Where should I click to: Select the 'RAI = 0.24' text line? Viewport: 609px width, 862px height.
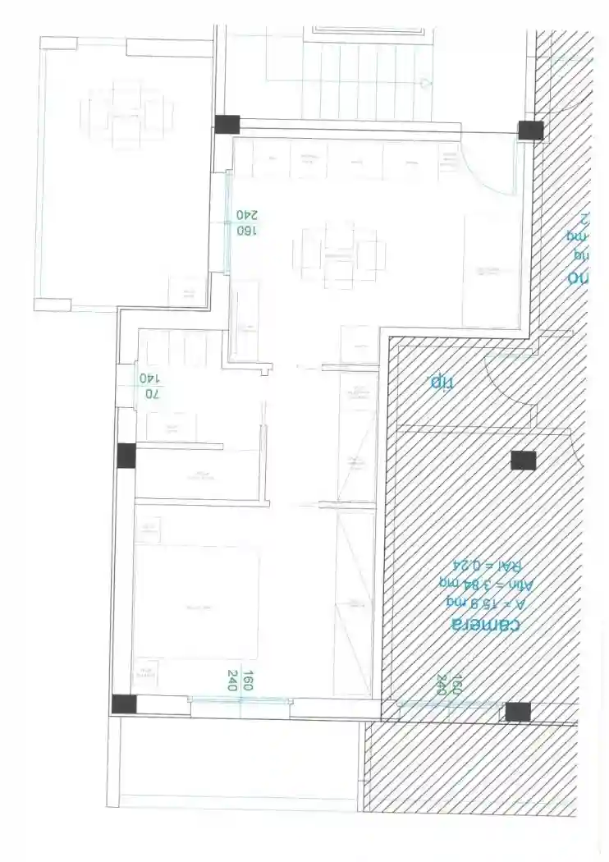tap(488, 565)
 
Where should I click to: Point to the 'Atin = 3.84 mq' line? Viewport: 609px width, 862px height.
tap(488, 584)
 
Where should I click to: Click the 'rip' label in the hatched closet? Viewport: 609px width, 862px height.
tap(442, 382)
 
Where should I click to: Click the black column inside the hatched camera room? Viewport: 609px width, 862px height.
tap(523, 461)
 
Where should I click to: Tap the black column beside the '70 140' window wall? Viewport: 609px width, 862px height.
tap(126, 455)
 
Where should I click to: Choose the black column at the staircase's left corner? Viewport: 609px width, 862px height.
tap(227, 125)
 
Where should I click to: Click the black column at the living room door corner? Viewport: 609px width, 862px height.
tap(530, 130)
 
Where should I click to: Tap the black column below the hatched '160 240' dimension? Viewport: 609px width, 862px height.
tap(517, 712)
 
